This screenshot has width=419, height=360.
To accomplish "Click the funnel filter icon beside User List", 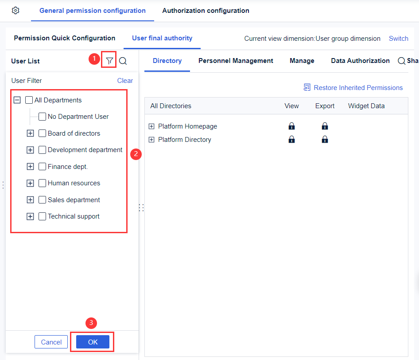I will pyautogui.click(x=109, y=61).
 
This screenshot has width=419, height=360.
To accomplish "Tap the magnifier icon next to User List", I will pyautogui.click(x=123, y=61).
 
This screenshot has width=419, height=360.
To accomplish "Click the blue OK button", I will pyautogui.click(x=93, y=342).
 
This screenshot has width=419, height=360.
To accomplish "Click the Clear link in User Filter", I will pyautogui.click(x=125, y=81).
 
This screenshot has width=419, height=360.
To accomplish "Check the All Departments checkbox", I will pyautogui.click(x=29, y=100).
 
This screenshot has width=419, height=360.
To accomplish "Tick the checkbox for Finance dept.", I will pyautogui.click(x=43, y=167).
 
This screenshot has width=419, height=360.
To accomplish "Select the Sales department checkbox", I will pyautogui.click(x=43, y=200).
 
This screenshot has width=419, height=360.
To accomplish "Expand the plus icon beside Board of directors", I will pyautogui.click(x=30, y=133).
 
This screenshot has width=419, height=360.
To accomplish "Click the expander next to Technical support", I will pyautogui.click(x=30, y=216).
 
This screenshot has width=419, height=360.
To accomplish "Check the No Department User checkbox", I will pyautogui.click(x=43, y=117).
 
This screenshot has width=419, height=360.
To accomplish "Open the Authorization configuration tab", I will pyautogui.click(x=206, y=11).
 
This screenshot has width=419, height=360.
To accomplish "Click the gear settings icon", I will pyautogui.click(x=16, y=11).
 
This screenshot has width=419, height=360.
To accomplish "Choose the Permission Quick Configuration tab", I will pyautogui.click(x=65, y=38).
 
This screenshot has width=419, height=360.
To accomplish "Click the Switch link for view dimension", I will pyautogui.click(x=398, y=39).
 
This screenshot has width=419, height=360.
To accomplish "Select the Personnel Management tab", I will pyautogui.click(x=236, y=61).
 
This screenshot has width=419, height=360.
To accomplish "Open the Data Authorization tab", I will pyautogui.click(x=360, y=61).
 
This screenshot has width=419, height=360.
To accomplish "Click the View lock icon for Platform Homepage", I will pyautogui.click(x=291, y=126).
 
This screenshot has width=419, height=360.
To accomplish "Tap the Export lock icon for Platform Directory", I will pyautogui.click(x=325, y=140).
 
